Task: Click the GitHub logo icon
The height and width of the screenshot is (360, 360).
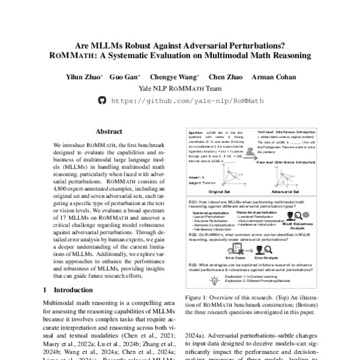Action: click(101, 101)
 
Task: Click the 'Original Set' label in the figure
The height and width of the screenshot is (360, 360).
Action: click(210, 186)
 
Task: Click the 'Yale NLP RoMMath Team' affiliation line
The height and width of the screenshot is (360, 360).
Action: click(179, 88)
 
